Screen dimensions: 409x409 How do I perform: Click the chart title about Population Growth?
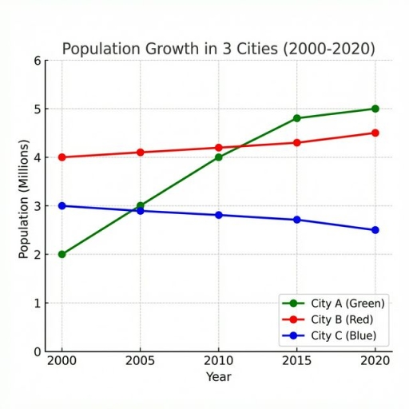pos(218,49)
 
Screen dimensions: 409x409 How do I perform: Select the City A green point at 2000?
pos(62,254)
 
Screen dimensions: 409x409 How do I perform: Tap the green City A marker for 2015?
pos(297,118)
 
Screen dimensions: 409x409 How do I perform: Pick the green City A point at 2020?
pos(375,109)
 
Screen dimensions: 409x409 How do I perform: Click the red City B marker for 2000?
pos(62,157)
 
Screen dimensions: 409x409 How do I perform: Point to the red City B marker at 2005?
pos(140,153)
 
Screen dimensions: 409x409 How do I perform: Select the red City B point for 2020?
pos(375,133)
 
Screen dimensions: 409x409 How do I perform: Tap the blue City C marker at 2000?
pos(62,206)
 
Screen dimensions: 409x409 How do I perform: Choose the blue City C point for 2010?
pos(218,215)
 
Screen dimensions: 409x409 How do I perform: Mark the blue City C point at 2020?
pos(375,230)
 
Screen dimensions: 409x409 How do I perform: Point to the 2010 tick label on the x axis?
pos(218,361)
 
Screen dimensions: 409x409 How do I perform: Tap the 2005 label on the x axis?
pos(140,361)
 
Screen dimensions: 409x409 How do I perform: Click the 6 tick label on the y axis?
pos(37,61)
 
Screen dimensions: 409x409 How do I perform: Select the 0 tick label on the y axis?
pos(37,351)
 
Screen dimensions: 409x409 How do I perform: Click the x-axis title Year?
pos(218,376)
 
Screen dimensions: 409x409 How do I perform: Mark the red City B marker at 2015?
pos(297,143)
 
